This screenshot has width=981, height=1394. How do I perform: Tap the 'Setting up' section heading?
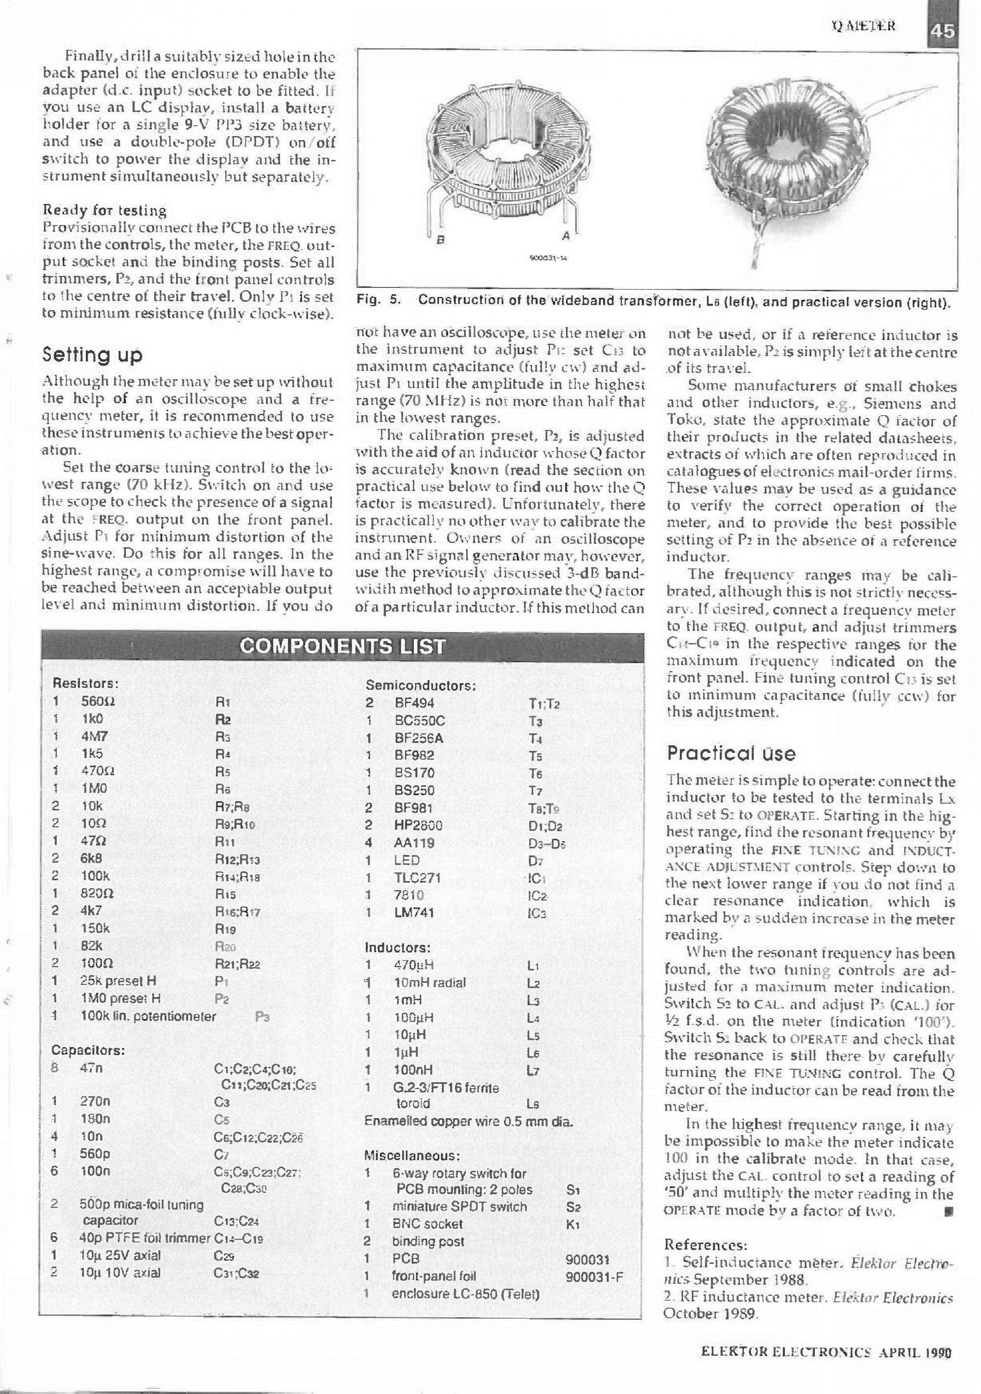pyautogui.click(x=92, y=354)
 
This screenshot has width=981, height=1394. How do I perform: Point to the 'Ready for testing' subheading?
pyautogui.click(x=104, y=211)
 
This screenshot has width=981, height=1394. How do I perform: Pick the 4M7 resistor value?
pyautogui.click(x=94, y=736)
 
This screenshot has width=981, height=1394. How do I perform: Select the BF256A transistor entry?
pyautogui.click(x=419, y=738)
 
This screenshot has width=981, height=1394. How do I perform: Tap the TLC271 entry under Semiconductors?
pyautogui.click(x=417, y=877)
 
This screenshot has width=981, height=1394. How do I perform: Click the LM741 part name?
pyautogui.click(x=415, y=912)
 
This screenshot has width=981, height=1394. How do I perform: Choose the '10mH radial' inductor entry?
pyautogui.click(x=430, y=983)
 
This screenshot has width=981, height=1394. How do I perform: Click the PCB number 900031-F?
pyautogui.click(x=594, y=1276)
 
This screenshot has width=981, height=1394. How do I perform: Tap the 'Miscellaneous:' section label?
pyautogui.click(x=411, y=1155)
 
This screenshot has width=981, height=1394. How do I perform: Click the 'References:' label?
pyautogui.click(x=705, y=1245)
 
